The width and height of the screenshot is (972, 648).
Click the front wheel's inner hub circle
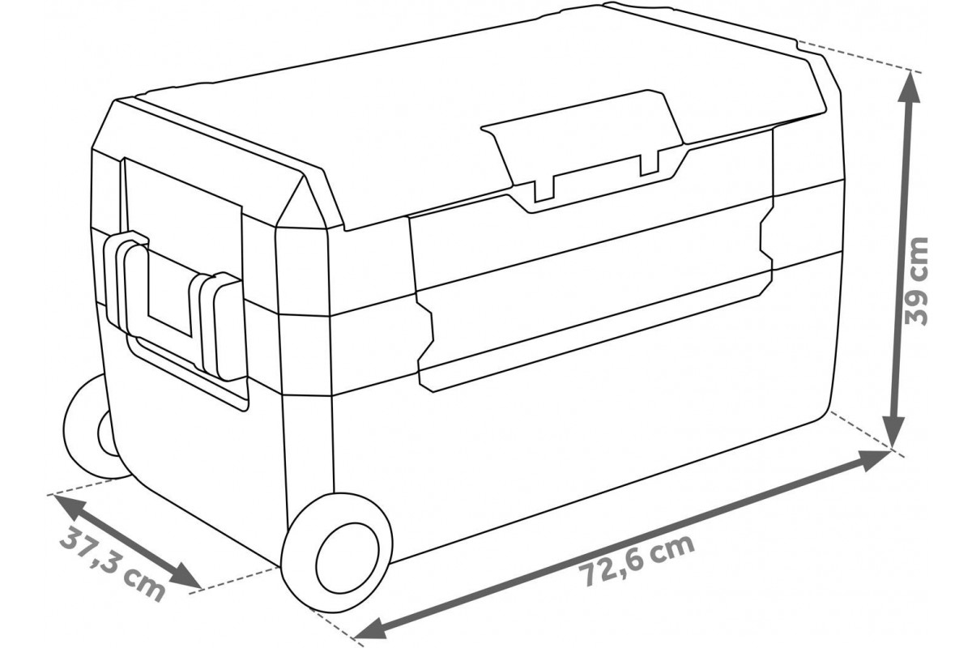(x=347, y=558)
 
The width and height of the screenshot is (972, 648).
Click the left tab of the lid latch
(x=544, y=189)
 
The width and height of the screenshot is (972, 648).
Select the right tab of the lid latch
(x=650, y=165)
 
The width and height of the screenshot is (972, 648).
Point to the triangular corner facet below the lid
(x=304, y=203)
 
